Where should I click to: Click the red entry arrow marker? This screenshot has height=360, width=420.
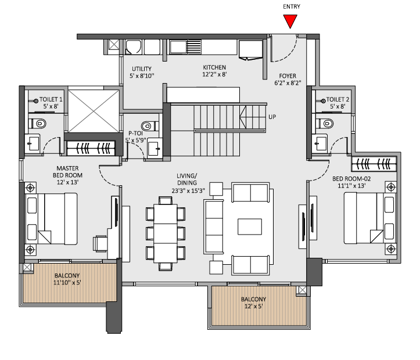[x=291, y=21]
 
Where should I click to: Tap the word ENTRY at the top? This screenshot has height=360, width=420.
[x=291, y=6]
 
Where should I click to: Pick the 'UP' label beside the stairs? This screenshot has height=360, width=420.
[x=272, y=117]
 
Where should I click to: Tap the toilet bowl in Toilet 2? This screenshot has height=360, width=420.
[x=325, y=122]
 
